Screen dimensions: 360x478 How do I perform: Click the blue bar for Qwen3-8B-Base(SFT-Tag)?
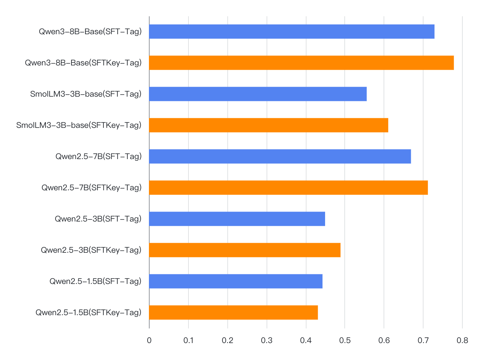click(x=292, y=32)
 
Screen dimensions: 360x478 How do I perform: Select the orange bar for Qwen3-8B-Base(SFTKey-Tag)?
click(x=301, y=63)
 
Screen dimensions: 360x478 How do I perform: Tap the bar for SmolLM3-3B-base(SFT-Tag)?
click(x=258, y=94)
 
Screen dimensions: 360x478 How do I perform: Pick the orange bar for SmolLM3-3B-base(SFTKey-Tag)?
click(x=268, y=125)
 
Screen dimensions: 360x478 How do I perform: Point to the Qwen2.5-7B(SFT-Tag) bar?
click(x=280, y=156)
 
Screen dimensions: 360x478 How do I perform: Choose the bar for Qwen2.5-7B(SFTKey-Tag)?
click(x=288, y=188)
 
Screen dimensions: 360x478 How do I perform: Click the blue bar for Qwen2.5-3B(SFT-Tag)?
click(x=237, y=219)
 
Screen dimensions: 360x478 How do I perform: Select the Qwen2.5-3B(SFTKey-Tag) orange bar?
click(x=245, y=250)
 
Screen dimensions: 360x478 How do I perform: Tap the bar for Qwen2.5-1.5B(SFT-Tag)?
click(x=236, y=281)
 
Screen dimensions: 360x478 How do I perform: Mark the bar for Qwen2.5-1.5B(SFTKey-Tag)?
click(x=233, y=313)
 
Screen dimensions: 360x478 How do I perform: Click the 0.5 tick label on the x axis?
click(x=345, y=340)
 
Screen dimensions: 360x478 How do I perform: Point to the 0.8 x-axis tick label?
click(x=462, y=340)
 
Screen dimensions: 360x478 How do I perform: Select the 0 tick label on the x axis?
click(x=149, y=340)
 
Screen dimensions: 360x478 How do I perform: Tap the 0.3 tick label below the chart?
click(x=267, y=340)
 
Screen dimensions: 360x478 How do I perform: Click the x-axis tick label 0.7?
click(x=423, y=340)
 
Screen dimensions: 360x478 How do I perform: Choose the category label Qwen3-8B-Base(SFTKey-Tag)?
click(x=83, y=63)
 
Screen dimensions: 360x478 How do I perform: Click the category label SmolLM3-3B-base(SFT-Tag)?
click(x=86, y=94)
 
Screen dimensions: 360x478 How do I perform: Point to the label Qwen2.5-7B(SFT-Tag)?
click(x=98, y=156)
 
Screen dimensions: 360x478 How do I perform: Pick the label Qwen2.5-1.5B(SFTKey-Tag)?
click(x=88, y=313)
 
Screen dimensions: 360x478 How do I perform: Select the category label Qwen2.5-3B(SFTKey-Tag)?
click(x=91, y=250)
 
